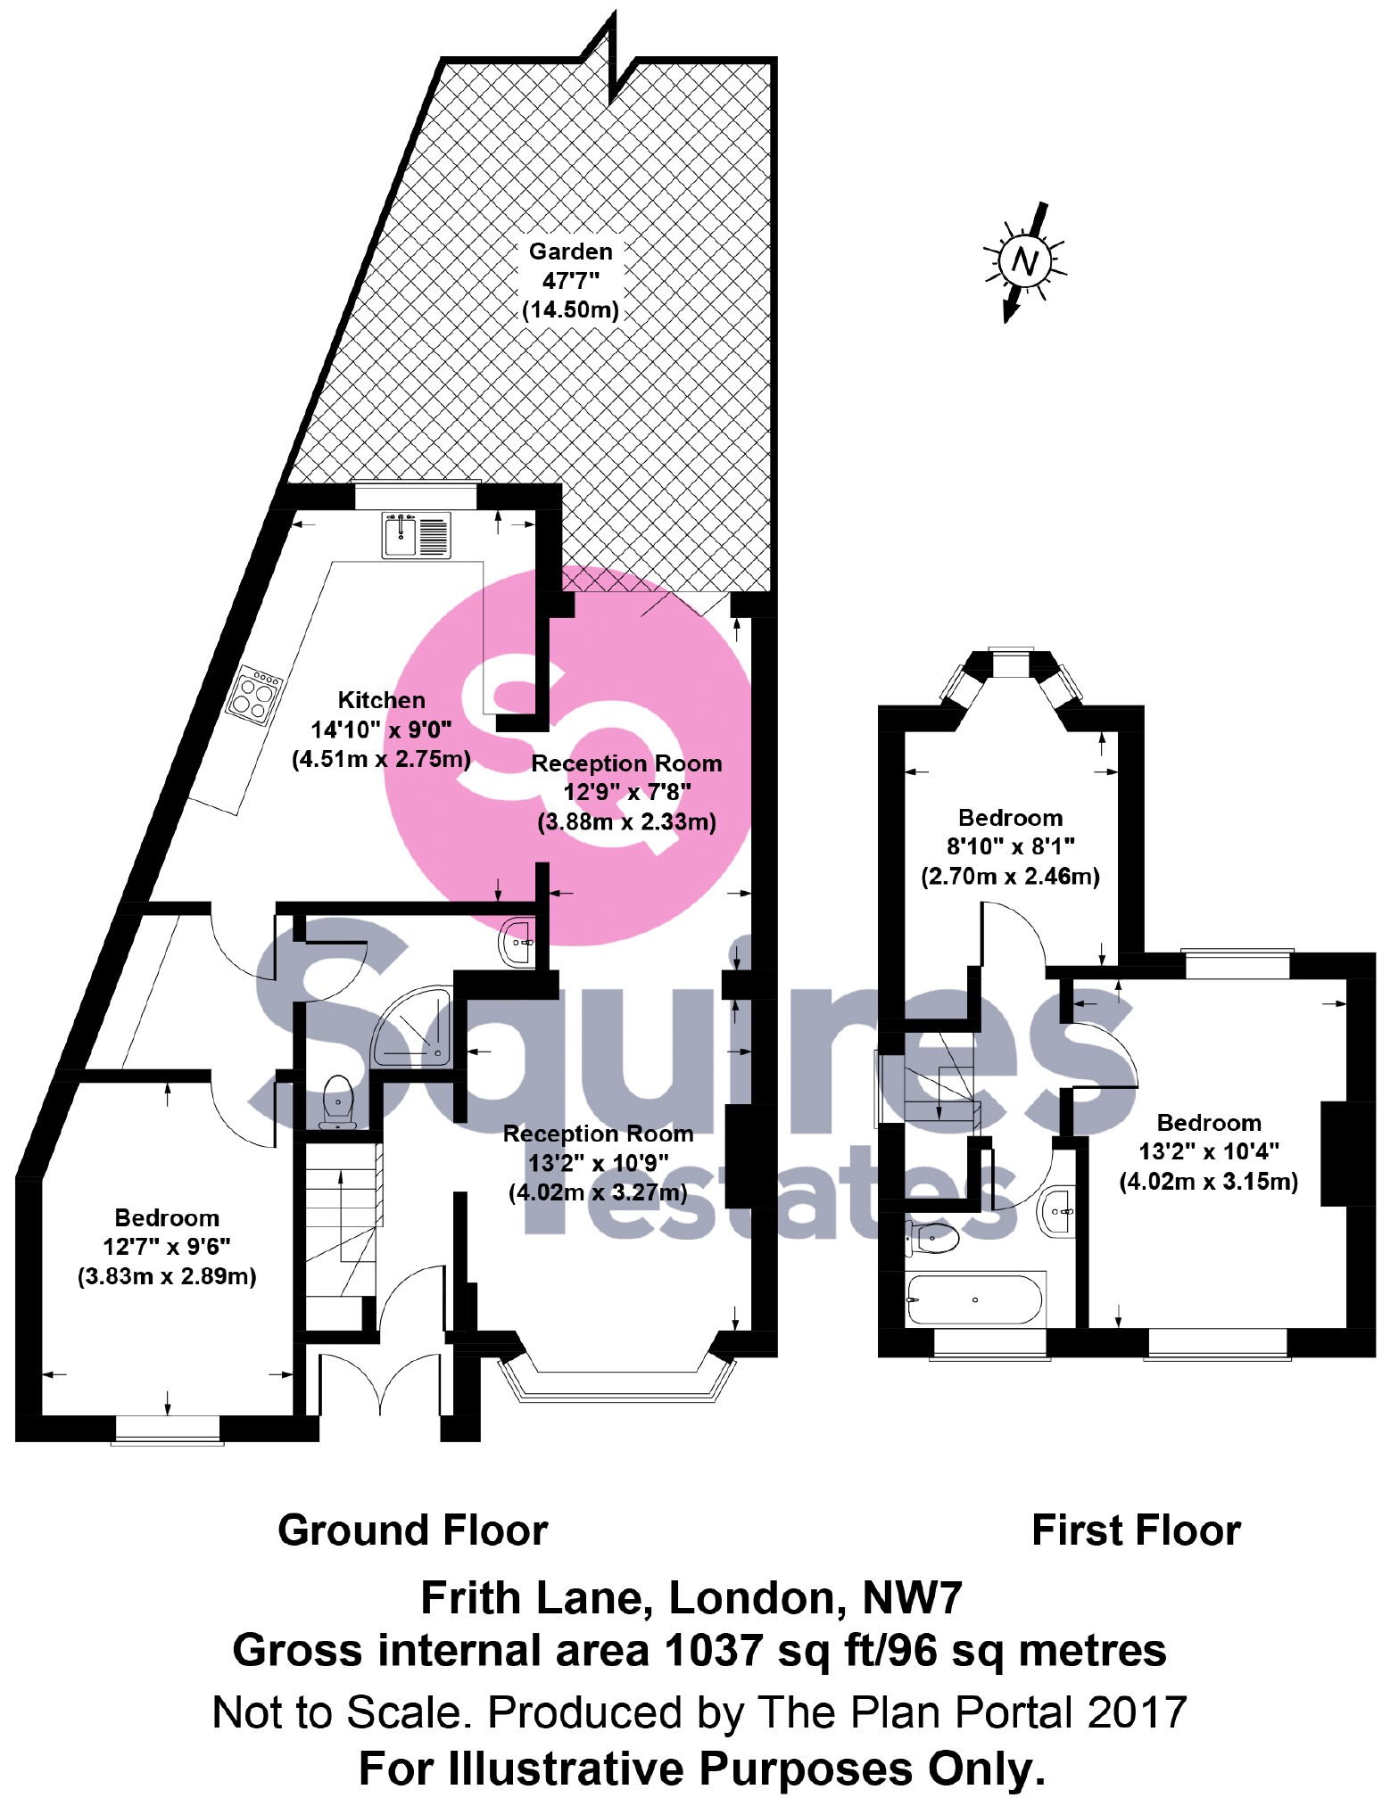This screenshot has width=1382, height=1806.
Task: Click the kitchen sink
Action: (x=416, y=534)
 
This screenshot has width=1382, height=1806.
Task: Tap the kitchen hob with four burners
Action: (x=253, y=696)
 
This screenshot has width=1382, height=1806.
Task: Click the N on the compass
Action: (x=1025, y=262)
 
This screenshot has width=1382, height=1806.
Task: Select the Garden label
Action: (x=571, y=252)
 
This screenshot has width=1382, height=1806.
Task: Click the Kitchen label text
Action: (x=381, y=700)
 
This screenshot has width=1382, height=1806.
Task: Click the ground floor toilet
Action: (x=336, y=1102)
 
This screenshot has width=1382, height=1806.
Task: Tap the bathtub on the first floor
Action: (x=974, y=1299)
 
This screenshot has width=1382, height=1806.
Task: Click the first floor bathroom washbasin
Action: (x=1057, y=1212)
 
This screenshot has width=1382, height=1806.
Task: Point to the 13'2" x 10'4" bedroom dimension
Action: (x=1209, y=1151)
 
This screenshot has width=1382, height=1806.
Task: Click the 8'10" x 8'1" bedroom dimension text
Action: (x=1010, y=846)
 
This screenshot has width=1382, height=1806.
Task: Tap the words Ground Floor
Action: (x=412, y=1530)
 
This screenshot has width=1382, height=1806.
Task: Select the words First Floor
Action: (x=1136, y=1530)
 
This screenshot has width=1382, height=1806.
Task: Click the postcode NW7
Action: (x=913, y=1597)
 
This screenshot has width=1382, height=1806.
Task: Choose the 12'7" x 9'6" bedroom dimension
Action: (x=167, y=1247)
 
